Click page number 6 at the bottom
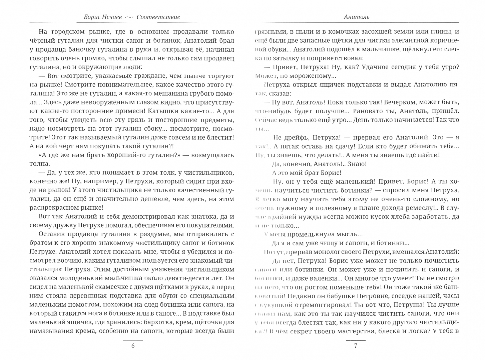coord(133,346)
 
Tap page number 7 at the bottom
coord(356,346)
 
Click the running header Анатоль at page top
coord(356,17)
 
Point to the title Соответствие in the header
coord(158,17)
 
